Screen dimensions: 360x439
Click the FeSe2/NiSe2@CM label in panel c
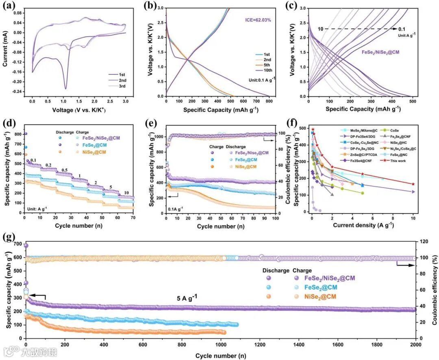(379, 52)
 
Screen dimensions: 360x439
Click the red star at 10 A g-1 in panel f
(413, 184)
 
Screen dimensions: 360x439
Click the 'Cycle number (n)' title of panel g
(220, 355)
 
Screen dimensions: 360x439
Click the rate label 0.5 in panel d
(65, 170)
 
